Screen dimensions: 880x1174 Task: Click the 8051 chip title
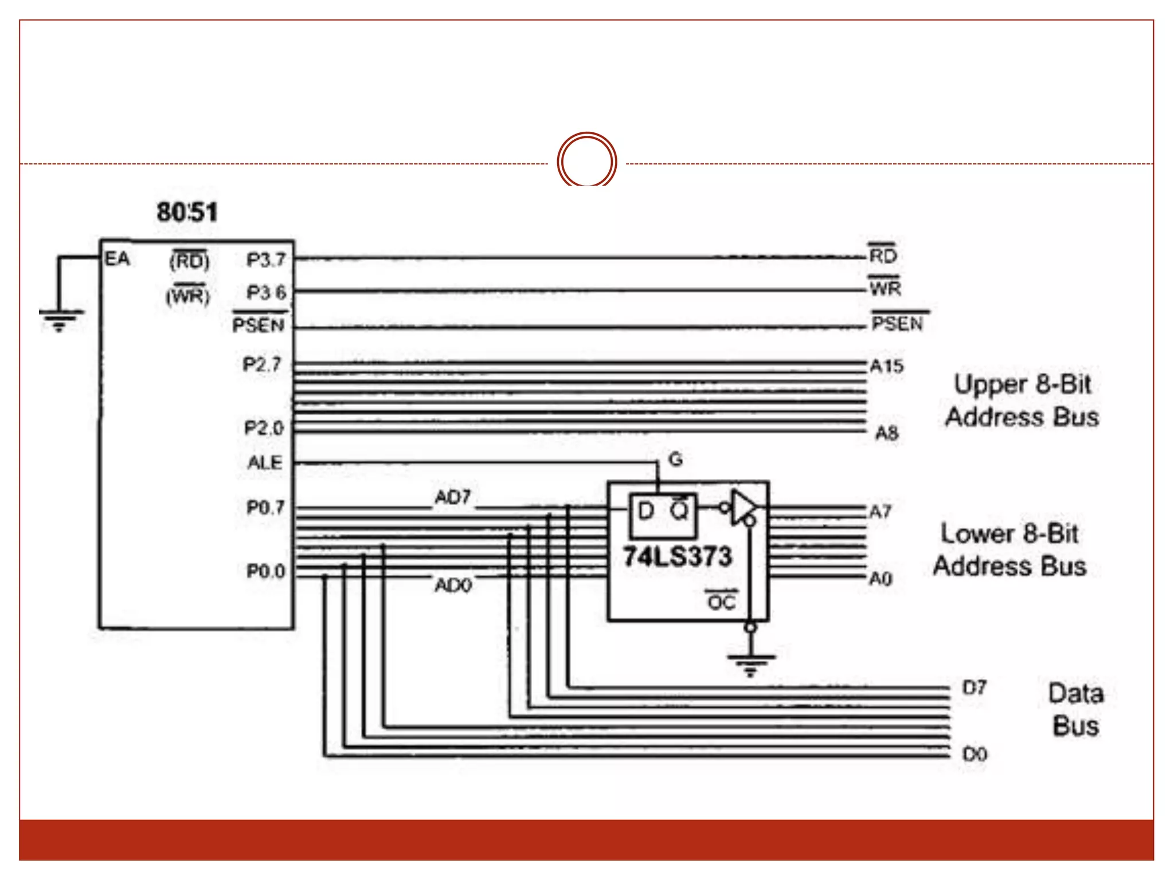187,212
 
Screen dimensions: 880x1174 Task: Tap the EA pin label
118,259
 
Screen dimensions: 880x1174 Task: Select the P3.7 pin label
266,260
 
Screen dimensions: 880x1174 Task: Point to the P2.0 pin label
264,428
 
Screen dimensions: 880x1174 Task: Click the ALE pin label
265,462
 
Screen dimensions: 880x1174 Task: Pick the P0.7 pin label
265,508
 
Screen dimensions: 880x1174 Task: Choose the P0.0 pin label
265,571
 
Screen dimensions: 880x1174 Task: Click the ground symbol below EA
60,320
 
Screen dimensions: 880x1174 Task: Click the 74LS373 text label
678,556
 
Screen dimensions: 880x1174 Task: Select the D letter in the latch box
646,510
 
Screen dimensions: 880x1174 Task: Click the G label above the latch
676,459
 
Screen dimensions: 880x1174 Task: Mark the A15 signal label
886,366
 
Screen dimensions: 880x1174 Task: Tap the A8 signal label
886,433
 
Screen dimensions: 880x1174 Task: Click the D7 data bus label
975,687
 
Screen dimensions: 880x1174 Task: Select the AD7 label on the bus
453,497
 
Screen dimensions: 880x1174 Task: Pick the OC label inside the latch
721,602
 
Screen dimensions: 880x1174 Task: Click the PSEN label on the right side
898,324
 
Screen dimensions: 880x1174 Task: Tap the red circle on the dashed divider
586,161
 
